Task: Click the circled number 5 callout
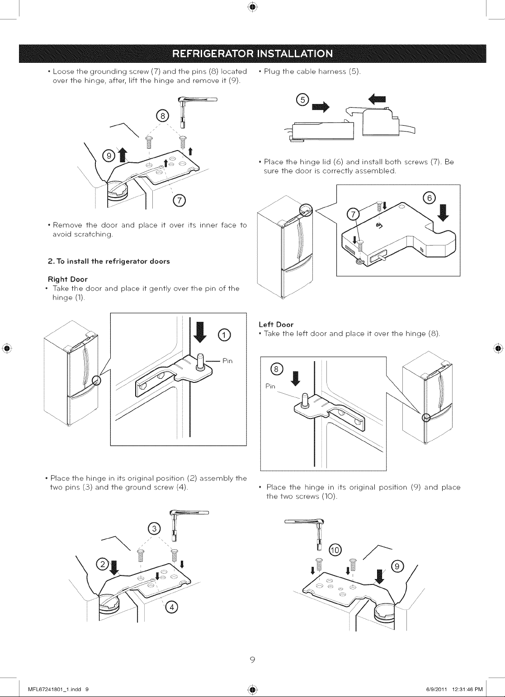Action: [x=302, y=100]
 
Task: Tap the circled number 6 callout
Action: [x=429, y=198]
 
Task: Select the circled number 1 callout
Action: [x=224, y=335]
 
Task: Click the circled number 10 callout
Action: [x=335, y=550]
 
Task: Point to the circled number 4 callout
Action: [x=171, y=607]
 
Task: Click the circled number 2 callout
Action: [x=103, y=564]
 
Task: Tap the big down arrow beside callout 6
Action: [x=444, y=212]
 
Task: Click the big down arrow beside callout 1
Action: [x=200, y=332]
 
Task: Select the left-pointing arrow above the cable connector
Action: [x=377, y=99]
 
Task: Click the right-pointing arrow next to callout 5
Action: [x=320, y=107]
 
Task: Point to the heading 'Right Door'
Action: [x=68, y=279]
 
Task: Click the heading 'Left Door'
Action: [x=276, y=325]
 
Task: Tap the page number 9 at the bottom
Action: [x=253, y=659]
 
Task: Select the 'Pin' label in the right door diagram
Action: [x=227, y=361]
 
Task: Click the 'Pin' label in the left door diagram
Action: [x=270, y=386]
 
